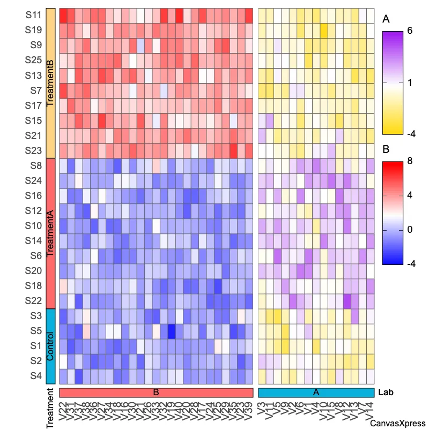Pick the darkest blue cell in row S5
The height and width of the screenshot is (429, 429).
(x=171, y=331)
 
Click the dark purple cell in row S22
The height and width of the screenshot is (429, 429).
(x=347, y=301)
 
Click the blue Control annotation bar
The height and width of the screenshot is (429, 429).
(x=51, y=346)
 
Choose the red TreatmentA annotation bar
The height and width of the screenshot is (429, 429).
(x=51, y=233)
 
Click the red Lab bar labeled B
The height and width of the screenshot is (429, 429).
(x=156, y=393)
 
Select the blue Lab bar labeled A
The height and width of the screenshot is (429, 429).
(x=316, y=393)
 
